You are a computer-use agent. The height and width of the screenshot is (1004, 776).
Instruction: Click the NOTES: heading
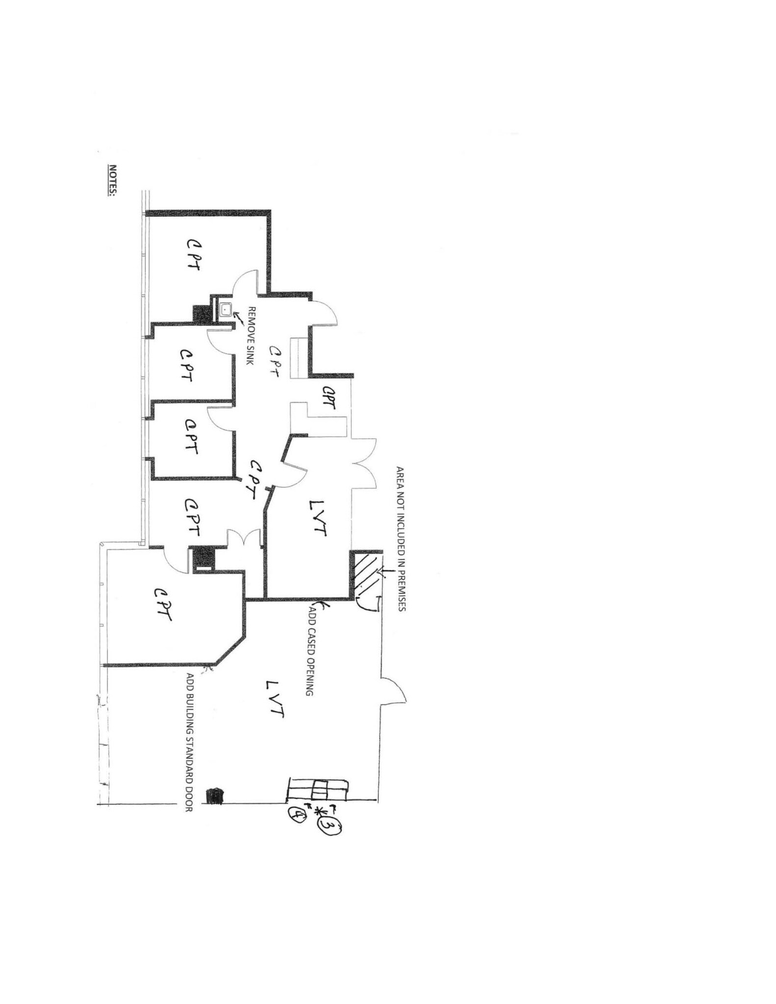tap(112, 180)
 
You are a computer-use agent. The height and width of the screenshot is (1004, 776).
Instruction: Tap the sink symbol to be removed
tap(225, 309)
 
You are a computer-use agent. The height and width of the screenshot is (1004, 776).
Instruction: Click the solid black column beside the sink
tap(201, 314)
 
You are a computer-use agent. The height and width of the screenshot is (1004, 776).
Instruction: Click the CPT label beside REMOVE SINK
tap(275, 361)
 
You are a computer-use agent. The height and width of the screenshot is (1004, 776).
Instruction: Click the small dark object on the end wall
tap(214, 796)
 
